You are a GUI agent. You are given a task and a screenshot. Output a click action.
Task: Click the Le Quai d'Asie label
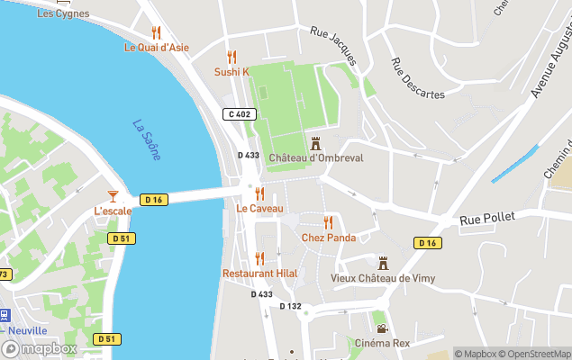[157, 48]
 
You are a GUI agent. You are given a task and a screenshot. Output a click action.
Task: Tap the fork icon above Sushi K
[232, 56]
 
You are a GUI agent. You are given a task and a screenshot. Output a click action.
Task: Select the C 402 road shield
[240, 114]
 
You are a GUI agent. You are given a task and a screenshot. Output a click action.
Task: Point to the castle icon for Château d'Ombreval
[315, 142]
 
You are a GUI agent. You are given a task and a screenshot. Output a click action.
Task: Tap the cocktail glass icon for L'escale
[113, 195]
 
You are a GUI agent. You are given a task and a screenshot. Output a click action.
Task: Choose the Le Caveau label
[259, 209]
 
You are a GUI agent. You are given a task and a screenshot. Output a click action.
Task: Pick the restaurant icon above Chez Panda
[329, 221]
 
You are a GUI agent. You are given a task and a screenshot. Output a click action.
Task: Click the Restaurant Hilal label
[259, 274]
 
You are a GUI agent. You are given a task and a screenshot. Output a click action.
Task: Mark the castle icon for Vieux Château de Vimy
[383, 262]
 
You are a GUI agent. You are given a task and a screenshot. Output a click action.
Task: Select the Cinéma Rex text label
[382, 343]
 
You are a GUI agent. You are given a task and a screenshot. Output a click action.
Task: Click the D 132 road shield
[290, 306]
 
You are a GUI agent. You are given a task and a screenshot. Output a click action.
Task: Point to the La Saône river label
[147, 140]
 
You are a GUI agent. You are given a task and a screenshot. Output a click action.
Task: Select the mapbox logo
[40, 348]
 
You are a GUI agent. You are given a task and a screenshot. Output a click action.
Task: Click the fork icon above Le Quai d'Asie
[156, 31]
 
